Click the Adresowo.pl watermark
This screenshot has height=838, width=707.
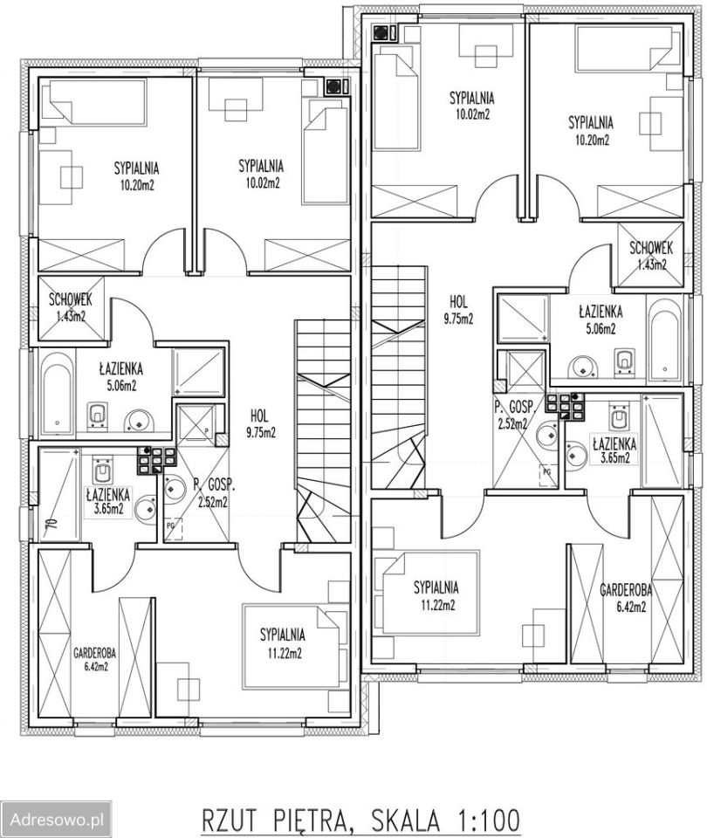(58, 820)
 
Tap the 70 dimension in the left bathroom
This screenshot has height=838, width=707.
(51, 522)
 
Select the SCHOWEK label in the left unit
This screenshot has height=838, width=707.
(70, 299)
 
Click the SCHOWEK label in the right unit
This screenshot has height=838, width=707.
(651, 248)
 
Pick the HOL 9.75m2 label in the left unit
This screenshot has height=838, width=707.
(260, 424)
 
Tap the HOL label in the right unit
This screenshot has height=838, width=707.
(458, 302)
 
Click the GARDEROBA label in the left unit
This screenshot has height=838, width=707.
(94, 653)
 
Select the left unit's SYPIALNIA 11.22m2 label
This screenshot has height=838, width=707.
(283, 643)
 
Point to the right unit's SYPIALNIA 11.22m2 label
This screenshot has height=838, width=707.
(436, 596)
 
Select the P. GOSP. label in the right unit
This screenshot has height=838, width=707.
(514, 408)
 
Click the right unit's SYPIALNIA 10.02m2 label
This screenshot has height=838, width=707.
(471, 106)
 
